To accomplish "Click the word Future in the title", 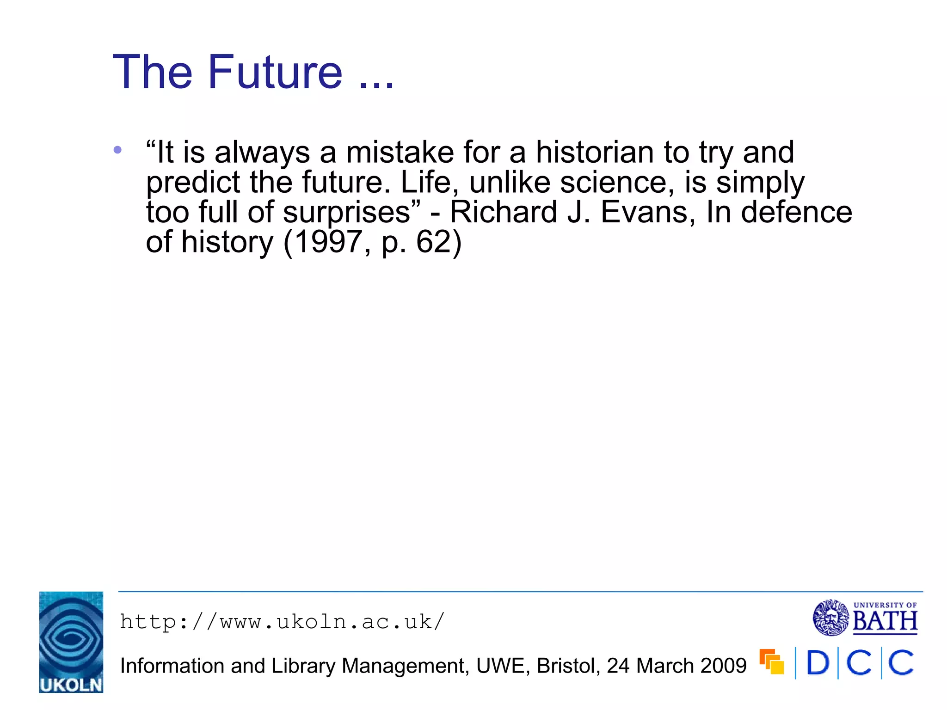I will coord(275,72).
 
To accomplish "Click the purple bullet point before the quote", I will coord(117,150).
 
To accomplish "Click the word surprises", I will coord(347,212).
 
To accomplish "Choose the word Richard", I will coord(504,212).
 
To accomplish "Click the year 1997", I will coord(328,242).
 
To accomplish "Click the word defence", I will coord(796,212).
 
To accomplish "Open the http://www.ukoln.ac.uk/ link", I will coord(282,622).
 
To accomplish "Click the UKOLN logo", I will coord(71,642).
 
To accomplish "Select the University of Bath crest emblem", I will coord(830,618).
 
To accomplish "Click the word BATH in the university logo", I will coord(885,621).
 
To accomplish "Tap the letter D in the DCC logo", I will coord(818,663).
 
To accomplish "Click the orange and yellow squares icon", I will coord(772,662).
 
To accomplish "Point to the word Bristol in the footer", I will coord(568,666).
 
